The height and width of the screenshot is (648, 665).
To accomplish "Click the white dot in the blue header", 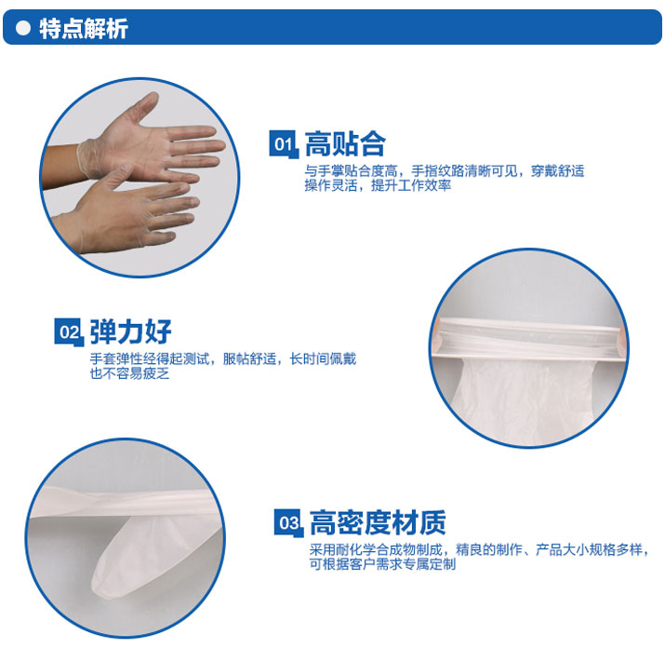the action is pos(23,28).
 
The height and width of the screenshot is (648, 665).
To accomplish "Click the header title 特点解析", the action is pos(84,29).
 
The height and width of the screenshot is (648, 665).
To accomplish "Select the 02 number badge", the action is pos(69,332).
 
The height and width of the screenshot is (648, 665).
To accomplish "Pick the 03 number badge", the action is pos(288,522).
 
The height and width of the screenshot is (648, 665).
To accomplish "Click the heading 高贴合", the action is pos(345,144).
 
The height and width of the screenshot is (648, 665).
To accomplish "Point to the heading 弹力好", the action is pos(130,331).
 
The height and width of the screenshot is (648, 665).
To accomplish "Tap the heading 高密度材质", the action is pos(378,522).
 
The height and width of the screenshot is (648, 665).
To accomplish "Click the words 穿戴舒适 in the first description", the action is pos(557,170).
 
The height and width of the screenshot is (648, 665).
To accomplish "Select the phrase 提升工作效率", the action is pos(411,185).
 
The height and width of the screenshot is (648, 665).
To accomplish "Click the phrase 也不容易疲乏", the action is pos(129,373).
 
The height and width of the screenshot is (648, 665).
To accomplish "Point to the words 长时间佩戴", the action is pos(323,358).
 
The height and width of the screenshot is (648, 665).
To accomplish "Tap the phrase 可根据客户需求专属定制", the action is pos(382,564).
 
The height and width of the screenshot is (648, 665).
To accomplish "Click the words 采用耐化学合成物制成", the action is pos(376,550).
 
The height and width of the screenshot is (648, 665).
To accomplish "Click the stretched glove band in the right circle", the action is pos(528,338).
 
